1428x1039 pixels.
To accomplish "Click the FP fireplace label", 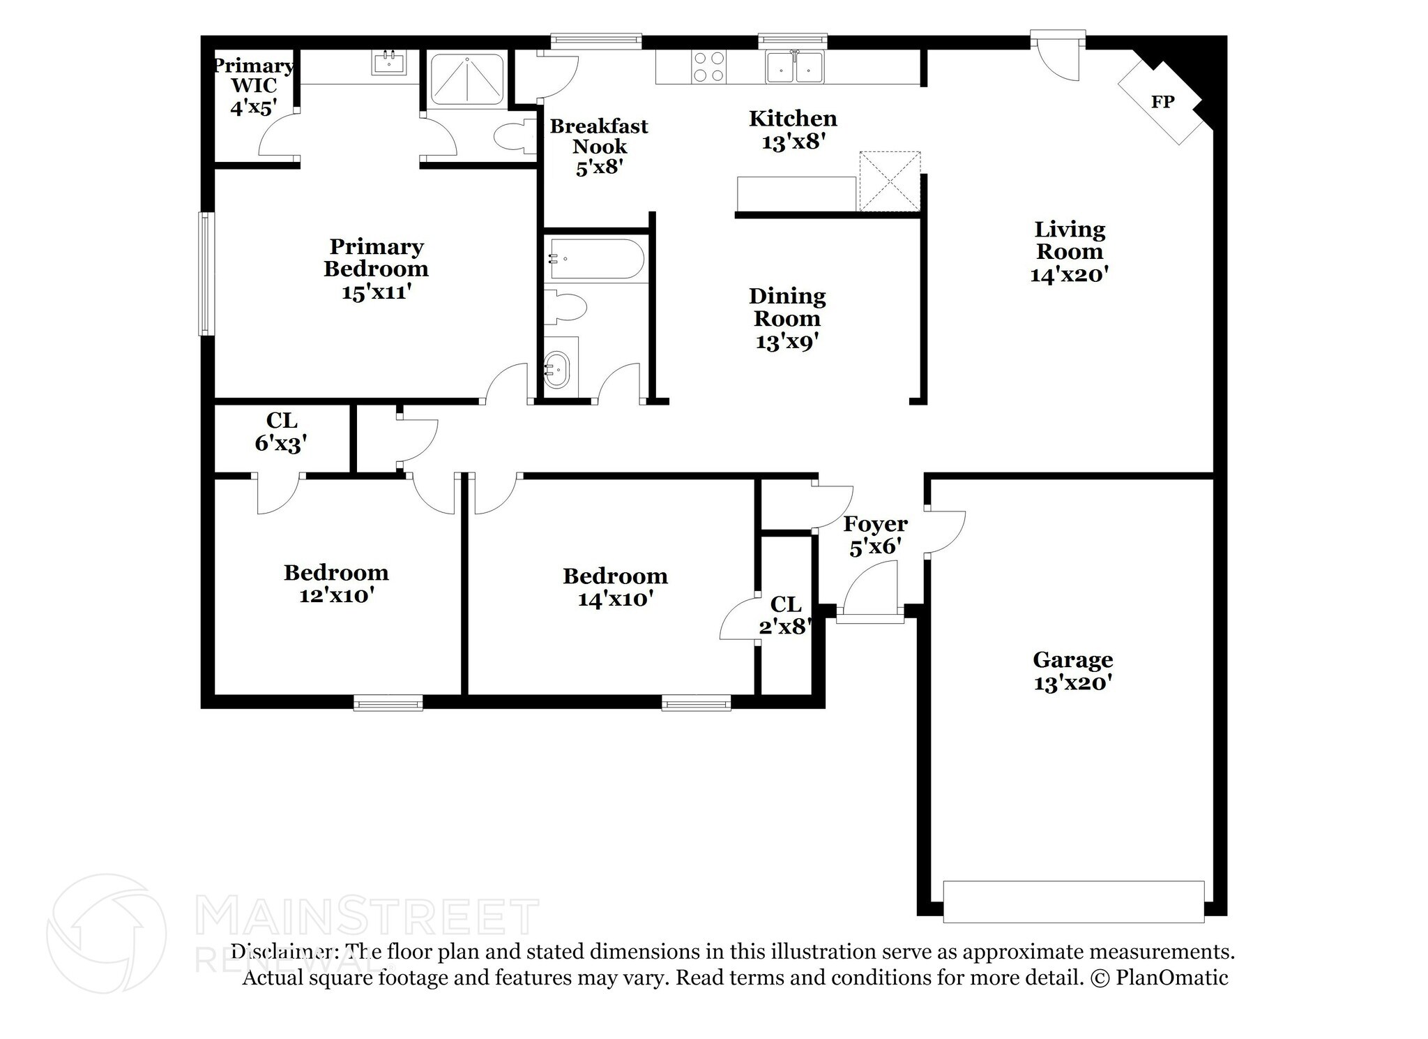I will coord(1162,102).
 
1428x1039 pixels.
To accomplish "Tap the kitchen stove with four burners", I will coord(708,67).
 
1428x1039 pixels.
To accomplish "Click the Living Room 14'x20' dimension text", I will coord(1069,274).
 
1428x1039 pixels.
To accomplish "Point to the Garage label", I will coord(1072,659).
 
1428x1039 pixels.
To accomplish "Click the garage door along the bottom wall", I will coord(1073,902).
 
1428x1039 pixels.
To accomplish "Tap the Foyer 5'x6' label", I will coord(875,535).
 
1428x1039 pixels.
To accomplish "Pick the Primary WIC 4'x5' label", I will coord(254,86).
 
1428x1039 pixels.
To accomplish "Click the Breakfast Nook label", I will coord(599,136).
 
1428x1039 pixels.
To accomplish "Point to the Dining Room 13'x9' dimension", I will coord(787,342).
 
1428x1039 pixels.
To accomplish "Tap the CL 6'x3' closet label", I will coord(281,431).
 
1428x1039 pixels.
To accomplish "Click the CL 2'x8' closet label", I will coord(786,615).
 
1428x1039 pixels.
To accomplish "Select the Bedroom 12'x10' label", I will coord(336,583).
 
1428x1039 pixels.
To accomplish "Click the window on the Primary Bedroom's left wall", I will coord(205,274).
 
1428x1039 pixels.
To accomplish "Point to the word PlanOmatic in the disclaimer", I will coord(1171,978).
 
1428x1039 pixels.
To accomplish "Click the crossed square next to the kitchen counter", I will coord(889,181).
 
